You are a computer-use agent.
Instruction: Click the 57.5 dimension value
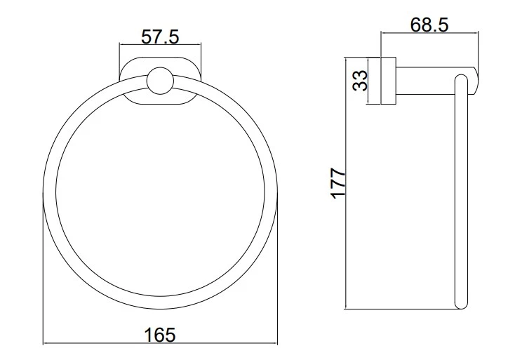coord(160,36)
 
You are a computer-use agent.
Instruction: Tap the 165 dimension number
coord(160,335)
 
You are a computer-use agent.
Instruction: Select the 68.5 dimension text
coord(429,25)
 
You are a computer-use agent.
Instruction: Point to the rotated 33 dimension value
coord(360,81)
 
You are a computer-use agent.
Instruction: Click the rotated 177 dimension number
coord(338,183)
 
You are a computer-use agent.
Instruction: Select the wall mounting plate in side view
coord(388,81)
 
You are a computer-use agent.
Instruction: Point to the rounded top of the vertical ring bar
coord(460,78)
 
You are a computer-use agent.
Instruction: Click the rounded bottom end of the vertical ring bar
coord(460,305)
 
